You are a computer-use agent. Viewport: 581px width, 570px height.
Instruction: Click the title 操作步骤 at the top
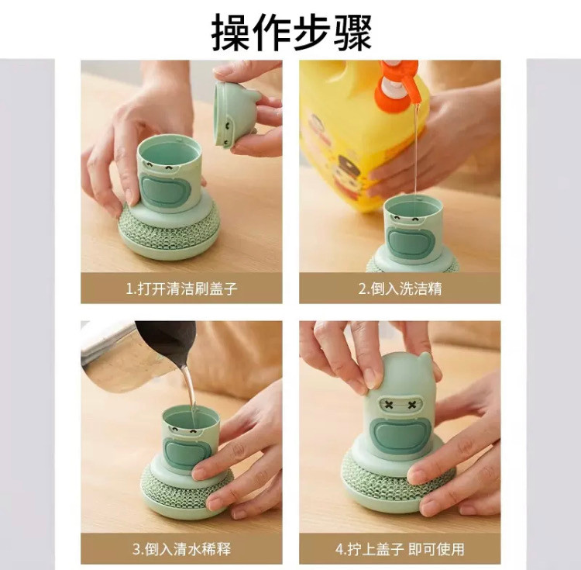coord(291,32)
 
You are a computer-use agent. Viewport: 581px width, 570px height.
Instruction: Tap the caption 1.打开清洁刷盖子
coord(181,288)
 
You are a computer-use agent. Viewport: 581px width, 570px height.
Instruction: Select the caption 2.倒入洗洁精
coord(400,288)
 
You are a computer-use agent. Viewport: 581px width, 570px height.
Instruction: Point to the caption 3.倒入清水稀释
coord(181,549)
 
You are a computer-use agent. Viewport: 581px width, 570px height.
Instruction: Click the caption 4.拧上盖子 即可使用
coord(400,549)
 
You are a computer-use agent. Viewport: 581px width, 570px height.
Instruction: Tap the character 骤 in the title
coord(352,33)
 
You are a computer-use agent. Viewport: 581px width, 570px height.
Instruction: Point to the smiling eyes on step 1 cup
coord(160,167)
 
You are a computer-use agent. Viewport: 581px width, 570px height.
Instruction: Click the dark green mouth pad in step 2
coord(410,242)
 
